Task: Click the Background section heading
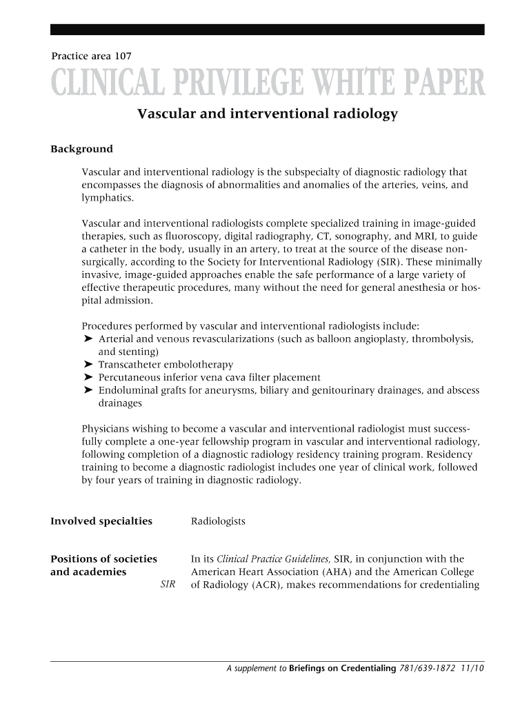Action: (x=81, y=149)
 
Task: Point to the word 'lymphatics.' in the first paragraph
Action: (x=108, y=198)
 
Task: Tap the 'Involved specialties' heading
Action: (x=101, y=521)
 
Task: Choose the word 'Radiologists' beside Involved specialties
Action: (x=218, y=522)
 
